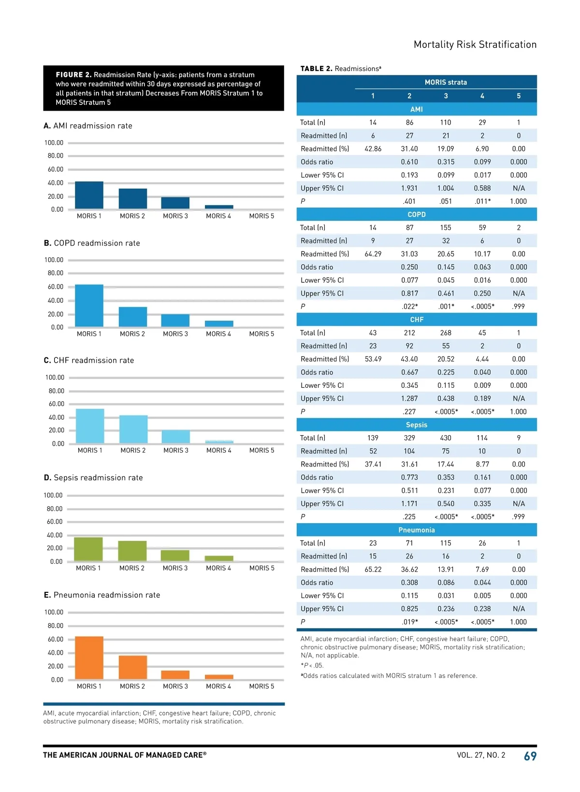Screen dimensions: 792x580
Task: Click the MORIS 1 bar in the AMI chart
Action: [x=89, y=195]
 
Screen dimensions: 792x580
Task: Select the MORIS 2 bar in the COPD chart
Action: [x=132, y=317]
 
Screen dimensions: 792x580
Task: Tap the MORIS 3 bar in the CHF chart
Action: [x=175, y=437]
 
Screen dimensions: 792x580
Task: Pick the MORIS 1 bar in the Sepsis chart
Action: [x=88, y=549]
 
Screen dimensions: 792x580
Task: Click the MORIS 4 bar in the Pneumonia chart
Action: [x=219, y=677]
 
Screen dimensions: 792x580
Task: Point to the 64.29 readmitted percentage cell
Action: [x=373, y=254]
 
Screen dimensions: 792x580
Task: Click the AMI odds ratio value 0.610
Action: [x=409, y=162]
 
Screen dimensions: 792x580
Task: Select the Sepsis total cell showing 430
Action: [x=446, y=438]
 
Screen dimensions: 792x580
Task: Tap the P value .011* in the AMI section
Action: [x=482, y=201]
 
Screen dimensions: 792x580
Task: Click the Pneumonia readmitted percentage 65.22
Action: [x=373, y=570]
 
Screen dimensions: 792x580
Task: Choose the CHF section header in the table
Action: [x=417, y=320]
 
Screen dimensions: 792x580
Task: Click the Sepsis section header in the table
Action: [x=417, y=425]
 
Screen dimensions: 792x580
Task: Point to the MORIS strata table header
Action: [x=446, y=82]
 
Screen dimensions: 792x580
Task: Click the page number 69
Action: [x=530, y=756]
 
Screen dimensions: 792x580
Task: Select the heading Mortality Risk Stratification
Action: [x=475, y=44]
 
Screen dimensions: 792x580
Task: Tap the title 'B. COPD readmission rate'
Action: [x=92, y=243]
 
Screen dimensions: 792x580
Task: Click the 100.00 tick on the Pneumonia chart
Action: [x=54, y=612]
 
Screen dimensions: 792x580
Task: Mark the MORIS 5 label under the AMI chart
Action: [x=261, y=216]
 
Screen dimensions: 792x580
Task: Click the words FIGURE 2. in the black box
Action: [x=73, y=75]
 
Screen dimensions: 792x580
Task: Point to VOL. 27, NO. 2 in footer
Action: [x=481, y=755]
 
